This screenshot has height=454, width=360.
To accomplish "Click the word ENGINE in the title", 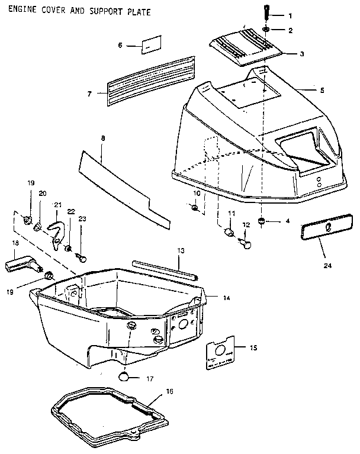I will (22, 11).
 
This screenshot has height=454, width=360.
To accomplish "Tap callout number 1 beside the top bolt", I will (290, 15).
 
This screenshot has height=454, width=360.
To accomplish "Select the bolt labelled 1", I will (266, 11).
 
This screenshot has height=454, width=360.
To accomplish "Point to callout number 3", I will (301, 54).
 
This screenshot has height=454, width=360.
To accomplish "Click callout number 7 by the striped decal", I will (89, 93).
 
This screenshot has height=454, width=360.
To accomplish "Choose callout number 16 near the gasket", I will (169, 391).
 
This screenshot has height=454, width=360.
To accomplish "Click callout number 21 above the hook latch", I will (57, 205).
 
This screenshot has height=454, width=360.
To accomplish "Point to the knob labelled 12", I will (247, 240).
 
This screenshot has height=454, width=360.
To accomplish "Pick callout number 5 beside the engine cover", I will (322, 90).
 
